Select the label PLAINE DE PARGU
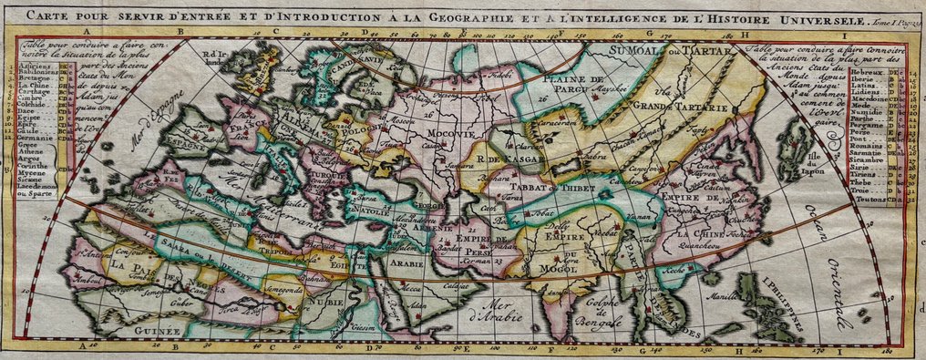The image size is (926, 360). pyautogui.click(x=574, y=86)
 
